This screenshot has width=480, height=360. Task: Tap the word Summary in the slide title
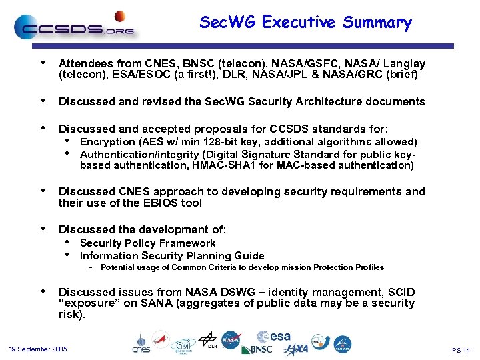[x=377, y=23]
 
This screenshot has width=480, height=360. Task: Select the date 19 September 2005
[x=38, y=349]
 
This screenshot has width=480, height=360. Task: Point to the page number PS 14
[x=461, y=350]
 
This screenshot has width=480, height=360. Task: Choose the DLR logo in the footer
[x=208, y=341]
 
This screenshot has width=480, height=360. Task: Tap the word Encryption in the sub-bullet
[x=107, y=142]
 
